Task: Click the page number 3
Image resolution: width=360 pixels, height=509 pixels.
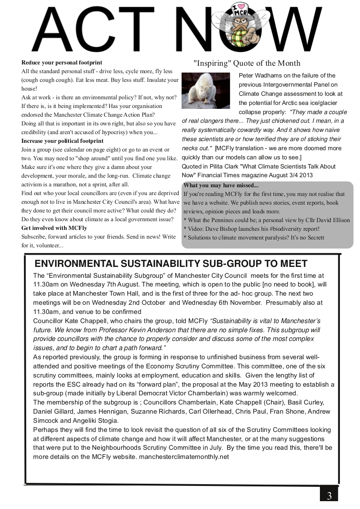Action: point(329,496)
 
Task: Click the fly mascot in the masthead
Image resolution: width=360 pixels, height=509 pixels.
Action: point(236,26)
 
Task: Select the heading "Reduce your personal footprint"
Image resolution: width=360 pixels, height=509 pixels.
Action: point(61,63)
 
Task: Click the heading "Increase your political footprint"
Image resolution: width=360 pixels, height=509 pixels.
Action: point(62,141)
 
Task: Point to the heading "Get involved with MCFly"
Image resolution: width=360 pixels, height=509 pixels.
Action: point(54,228)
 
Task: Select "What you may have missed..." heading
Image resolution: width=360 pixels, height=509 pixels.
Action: point(221,185)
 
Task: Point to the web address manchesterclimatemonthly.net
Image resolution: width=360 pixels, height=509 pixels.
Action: point(183,457)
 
